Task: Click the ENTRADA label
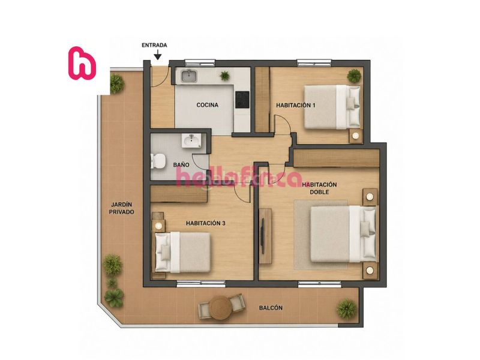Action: pyautogui.click(x=154, y=46)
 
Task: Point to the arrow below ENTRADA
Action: pyautogui.click(x=158, y=55)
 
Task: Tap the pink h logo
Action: pyautogui.click(x=82, y=63)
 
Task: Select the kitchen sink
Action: pyautogui.click(x=188, y=76)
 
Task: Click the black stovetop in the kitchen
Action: pyautogui.click(x=242, y=100)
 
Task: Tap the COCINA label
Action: pyautogui.click(x=208, y=105)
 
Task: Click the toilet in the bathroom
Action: pyautogui.click(x=158, y=161)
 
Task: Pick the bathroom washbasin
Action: pyautogui.click(x=191, y=140)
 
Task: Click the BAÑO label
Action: pyautogui.click(x=181, y=164)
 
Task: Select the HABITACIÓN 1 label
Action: pyautogui.click(x=296, y=105)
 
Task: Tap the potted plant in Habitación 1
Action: pyautogui.click(x=354, y=76)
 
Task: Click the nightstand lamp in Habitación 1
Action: pyautogui.click(x=356, y=136)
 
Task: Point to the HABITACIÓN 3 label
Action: pyautogui.click(x=206, y=223)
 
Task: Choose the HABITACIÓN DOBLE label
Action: pyautogui.click(x=319, y=188)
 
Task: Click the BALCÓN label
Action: pyautogui.click(x=271, y=308)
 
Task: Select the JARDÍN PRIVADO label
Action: pyautogui.click(x=122, y=208)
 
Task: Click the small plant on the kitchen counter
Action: pyautogui.click(x=224, y=76)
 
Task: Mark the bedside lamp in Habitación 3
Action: pyautogui.click(x=158, y=226)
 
